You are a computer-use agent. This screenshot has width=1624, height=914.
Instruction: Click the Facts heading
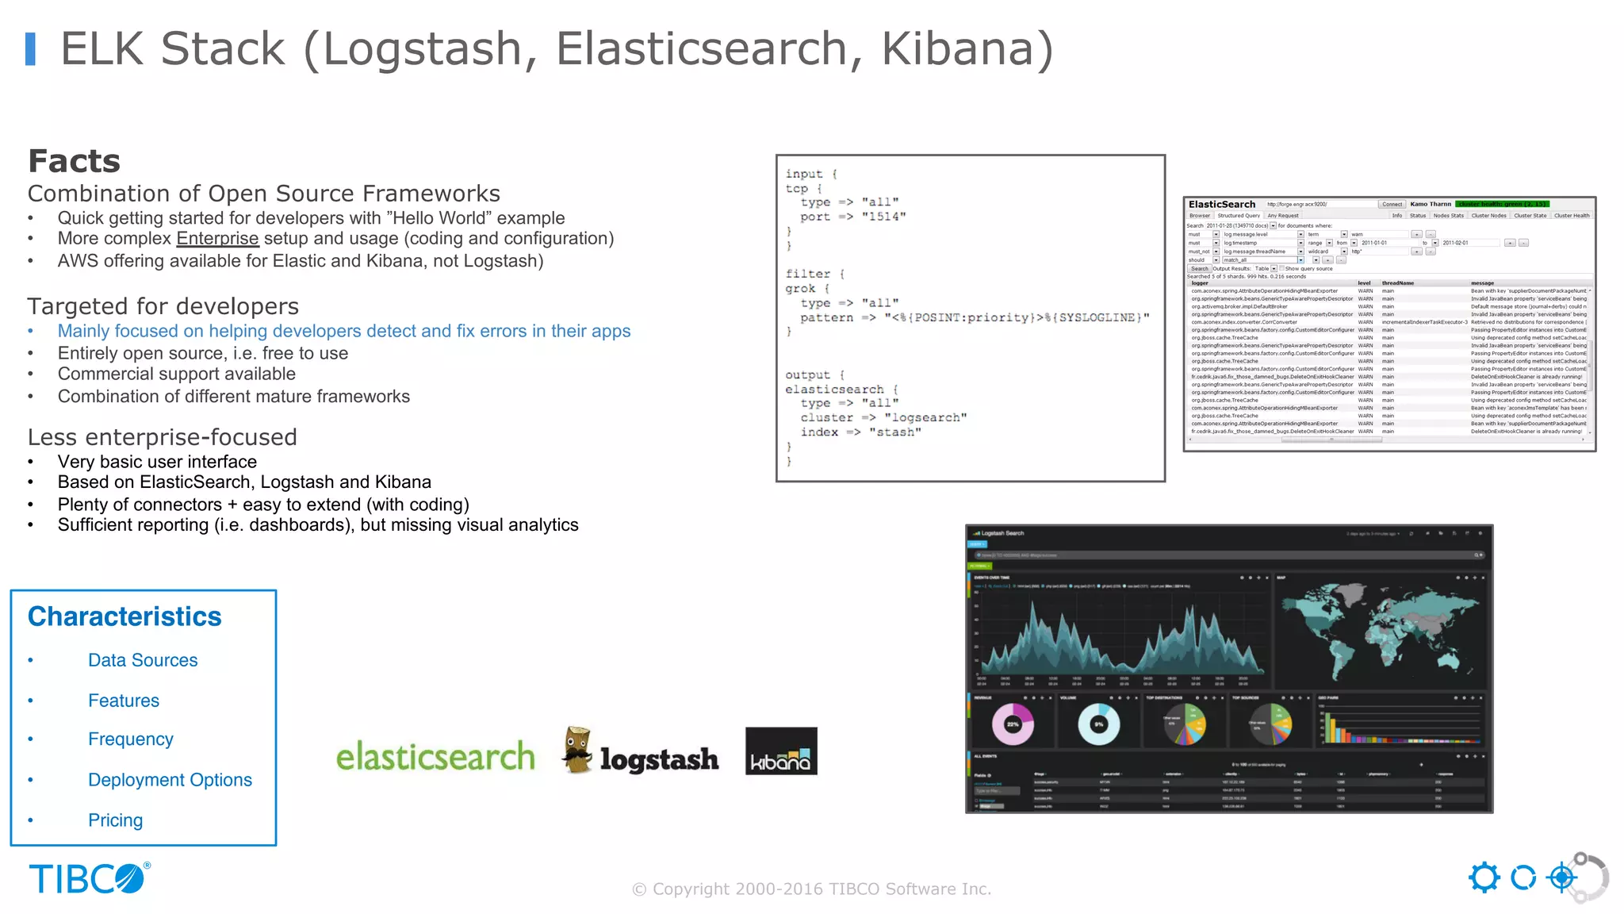coord(74,161)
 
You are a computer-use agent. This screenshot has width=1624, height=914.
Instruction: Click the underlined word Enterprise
coord(217,239)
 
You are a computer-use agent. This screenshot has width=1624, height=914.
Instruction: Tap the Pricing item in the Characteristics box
coord(116,820)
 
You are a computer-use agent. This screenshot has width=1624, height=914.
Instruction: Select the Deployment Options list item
coord(170,780)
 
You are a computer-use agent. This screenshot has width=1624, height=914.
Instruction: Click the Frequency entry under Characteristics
coord(131,739)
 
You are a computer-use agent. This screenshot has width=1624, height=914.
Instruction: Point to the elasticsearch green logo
coord(435,756)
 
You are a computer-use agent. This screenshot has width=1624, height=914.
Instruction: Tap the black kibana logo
coord(781,751)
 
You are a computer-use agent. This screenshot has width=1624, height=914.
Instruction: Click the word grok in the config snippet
coord(800,289)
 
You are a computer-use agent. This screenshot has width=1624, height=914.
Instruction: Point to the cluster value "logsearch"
coord(925,418)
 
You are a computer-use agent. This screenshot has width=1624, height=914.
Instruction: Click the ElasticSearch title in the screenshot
coord(1221,205)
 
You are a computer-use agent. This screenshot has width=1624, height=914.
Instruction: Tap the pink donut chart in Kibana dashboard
coord(1013,724)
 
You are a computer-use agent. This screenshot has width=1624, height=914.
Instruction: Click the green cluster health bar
coord(1502,205)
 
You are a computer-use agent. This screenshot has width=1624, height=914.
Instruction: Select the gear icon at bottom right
coord(1484,878)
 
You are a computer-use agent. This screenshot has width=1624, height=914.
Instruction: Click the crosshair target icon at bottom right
coord(1562,878)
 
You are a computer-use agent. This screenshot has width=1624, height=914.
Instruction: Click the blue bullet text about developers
coord(343,332)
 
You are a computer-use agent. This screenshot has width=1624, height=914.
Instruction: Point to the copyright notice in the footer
coord(811,889)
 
